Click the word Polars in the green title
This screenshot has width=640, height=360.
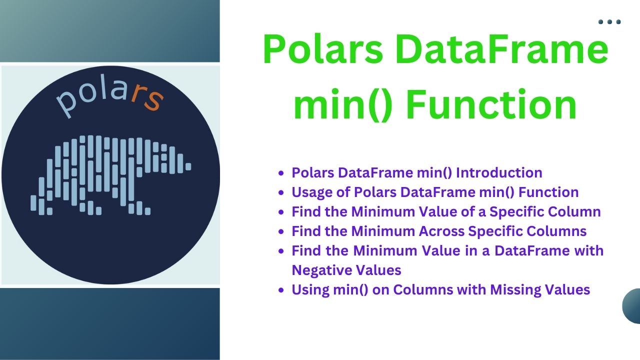click(323, 49)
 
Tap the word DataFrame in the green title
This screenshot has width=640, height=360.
click(501, 49)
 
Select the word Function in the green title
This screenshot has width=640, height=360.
click(491, 104)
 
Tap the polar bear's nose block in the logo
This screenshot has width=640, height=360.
click(188, 166)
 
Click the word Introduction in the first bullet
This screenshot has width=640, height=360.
click(499, 173)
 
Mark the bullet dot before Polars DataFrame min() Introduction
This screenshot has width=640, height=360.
click(281, 173)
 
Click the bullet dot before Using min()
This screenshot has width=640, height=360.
click(281, 290)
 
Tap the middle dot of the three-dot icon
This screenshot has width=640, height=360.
click(609, 22)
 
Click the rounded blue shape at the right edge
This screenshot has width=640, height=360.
click(632, 306)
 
